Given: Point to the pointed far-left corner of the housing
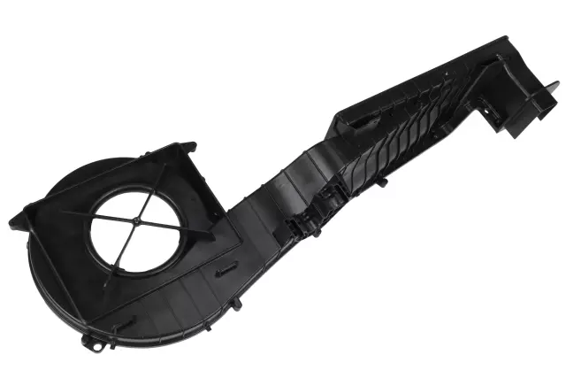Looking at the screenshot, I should click(x=12, y=216).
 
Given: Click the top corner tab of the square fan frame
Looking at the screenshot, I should click(x=187, y=144).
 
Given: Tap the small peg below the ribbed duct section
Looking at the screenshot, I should click(x=382, y=182).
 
